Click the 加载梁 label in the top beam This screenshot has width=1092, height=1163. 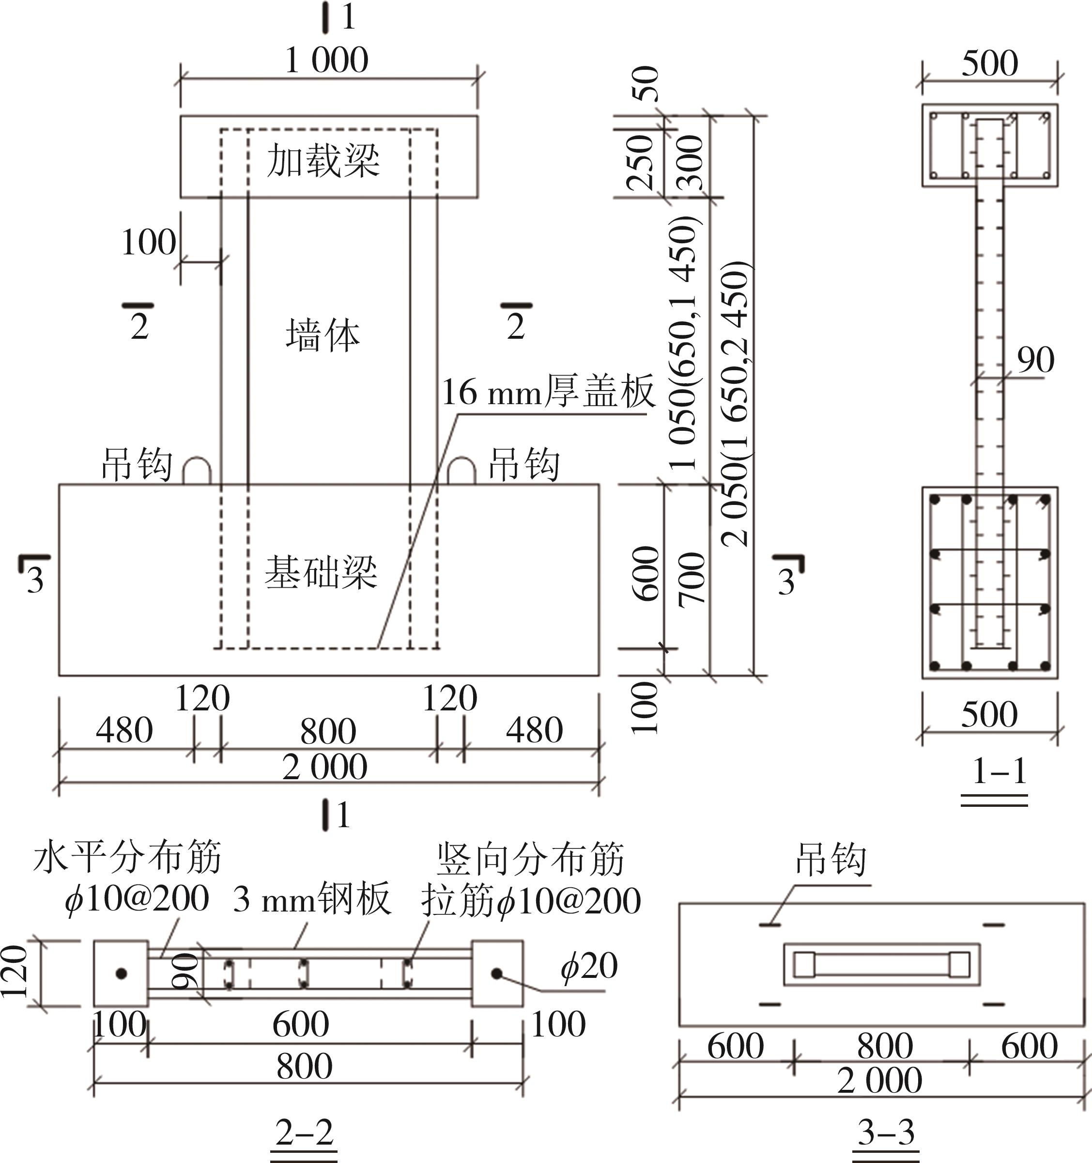[x=323, y=160]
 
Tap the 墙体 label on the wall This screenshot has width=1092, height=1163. [x=323, y=335]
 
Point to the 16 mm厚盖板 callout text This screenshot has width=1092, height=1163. [x=548, y=392]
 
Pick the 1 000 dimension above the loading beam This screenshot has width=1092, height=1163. [x=327, y=60]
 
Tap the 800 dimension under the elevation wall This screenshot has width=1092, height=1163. [x=328, y=731]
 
